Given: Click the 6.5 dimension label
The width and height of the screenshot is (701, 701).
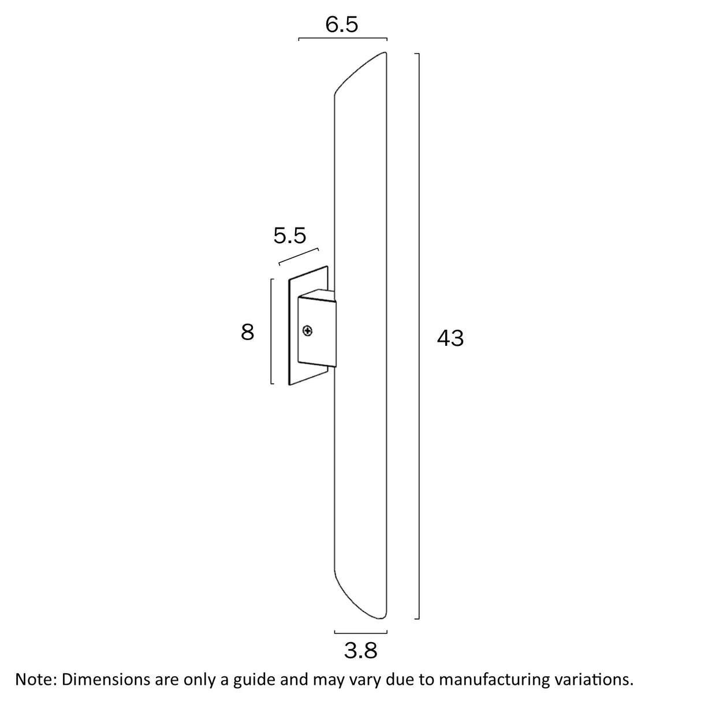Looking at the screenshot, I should coord(342,25).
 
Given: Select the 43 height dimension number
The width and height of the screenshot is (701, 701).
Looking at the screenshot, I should coord(450,338).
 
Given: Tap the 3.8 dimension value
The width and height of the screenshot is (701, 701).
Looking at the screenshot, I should coord(360,651).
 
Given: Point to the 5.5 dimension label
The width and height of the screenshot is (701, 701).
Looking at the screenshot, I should coord(289,236).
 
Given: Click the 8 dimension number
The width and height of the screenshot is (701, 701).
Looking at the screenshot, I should coord(248,333).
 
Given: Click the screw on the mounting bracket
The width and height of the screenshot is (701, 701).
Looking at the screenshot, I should coord(308,331).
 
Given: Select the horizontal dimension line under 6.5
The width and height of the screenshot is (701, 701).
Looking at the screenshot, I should coord(342,39).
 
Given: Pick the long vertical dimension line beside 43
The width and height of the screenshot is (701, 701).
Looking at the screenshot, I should coord(418,335).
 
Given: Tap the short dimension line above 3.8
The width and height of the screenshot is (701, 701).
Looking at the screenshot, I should coord(360,632).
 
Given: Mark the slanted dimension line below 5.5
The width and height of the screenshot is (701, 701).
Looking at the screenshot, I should coord(299,257).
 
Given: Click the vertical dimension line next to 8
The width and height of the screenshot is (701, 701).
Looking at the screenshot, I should coord(271,331).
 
